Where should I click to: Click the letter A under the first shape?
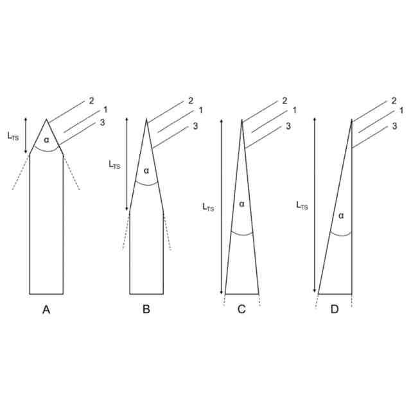coord(46,310)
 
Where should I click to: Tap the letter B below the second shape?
coord(146,310)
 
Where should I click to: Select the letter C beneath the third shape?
coord(241,310)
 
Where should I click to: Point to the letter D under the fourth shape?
coord(335,310)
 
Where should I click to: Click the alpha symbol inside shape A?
coord(46,140)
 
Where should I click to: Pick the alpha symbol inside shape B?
coord(146,171)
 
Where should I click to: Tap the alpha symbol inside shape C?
coord(241,204)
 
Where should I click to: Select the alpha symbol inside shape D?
coord(341,216)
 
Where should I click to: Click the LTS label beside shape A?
coord(13,136)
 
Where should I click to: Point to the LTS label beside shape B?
coord(114,165)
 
